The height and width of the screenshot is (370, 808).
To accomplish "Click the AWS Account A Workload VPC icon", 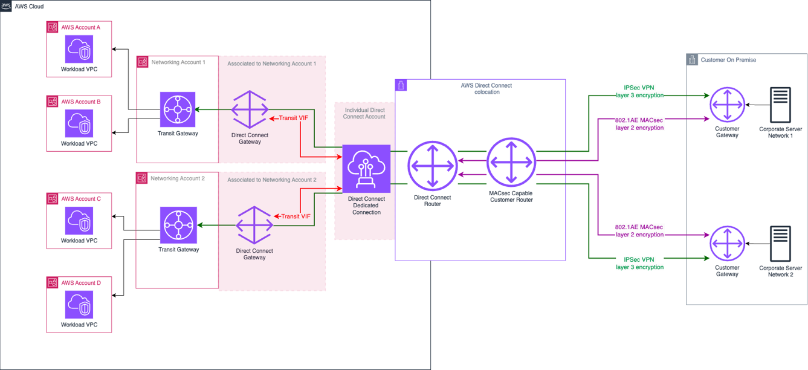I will pyautogui.click(x=79, y=49).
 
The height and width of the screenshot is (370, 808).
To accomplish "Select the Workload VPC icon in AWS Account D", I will pyautogui.click(x=79, y=305).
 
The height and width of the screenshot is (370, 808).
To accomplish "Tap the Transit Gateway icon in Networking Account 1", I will pyautogui.click(x=178, y=110).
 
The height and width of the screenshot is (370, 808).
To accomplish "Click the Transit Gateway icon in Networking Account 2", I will pyautogui.click(x=179, y=225).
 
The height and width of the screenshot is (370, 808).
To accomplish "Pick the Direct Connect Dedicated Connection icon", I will pyautogui.click(x=366, y=169).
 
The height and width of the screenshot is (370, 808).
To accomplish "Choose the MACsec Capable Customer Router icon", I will pyautogui.click(x=511, y=163).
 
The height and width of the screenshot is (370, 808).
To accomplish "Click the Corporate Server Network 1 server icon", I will pyautogui.click(x=780, y=105).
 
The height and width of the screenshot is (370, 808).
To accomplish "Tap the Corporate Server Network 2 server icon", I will pyautogui.click(x=780, y=244).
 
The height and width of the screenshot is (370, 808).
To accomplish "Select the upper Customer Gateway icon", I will pyautogui.click(x=728, y=105).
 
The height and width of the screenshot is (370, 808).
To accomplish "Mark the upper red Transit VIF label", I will pyautogui.click(x=293, y=118).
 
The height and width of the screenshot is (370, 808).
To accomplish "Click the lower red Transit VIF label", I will pyautogui.click(x=296, y=216).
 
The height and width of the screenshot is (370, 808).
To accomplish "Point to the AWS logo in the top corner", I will pyautogui.click(x=6, y=6).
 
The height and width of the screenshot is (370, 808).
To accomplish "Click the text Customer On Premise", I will pyautogui.click(x=728, y=60).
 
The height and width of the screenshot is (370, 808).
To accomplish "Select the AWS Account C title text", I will pyautogui.click(x=81, y=199).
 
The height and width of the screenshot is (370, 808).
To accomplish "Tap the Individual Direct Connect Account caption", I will pyautogui.click(x=364, y=114).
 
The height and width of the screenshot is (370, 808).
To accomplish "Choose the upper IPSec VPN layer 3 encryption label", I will pyautogui.click(x=639, y=91).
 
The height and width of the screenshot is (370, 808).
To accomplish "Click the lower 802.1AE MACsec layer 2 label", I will pyautogui.click(x=639, y=231).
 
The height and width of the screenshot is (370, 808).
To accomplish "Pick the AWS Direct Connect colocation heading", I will pyautogui.click(x=486, y=89).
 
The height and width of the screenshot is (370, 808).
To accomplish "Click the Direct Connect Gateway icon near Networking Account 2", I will pyautogui.click(x=254, y=226).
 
